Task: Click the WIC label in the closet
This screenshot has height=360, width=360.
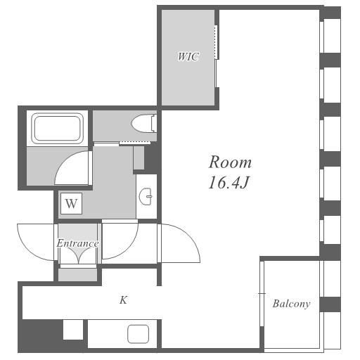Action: (188, 56)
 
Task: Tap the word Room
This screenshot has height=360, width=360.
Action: (230, 162)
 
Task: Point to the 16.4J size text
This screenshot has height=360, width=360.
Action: (229, 183)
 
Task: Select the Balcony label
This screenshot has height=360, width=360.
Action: (291, 304)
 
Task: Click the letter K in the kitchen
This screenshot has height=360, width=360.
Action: (123, 300)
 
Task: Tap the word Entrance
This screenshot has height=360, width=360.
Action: (77, 243)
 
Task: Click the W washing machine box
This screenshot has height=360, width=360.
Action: (71, 203)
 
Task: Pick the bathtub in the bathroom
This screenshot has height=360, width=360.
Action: (58, 129)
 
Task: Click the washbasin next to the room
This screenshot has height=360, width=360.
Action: (146, 196)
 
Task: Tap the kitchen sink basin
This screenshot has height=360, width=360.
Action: (138, 334)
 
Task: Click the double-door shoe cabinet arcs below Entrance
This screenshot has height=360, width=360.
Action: (78, 255)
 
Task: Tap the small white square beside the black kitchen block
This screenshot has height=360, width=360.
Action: (73, 329)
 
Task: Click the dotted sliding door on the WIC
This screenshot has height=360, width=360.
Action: (216, 41)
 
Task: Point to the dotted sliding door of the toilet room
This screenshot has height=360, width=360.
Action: (134, 142)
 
